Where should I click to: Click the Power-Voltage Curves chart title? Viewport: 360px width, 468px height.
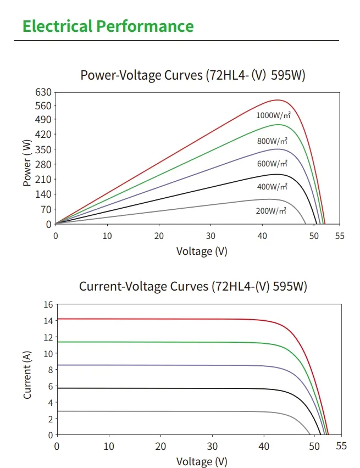pyautogui.click(x=192, y=75)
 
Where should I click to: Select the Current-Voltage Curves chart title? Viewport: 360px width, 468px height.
pyautogui.click(x=193, y=286)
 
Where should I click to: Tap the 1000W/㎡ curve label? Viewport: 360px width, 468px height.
pyautogui.click(x=273, y=115)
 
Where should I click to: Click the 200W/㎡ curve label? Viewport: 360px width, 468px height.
pyautogui.click(x=272, y=210)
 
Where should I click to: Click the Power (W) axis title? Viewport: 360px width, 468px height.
pyautogui.click(x=27, y=163)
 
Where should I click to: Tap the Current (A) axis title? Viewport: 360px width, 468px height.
pyautogui.click(x=27, y=375)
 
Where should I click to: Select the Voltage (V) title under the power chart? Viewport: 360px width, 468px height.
pyautogui.click(x=201, y=252)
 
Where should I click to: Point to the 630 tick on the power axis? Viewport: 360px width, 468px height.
pyautogui.click(x=44, y=92)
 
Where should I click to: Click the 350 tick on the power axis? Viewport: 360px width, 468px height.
pyautogui.click(x=44, y=149)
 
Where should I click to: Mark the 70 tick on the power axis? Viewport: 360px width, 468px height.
pyautogui.click(x=46, y=209)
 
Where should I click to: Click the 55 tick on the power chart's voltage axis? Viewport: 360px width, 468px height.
pyautogui.click(x=339, y=236)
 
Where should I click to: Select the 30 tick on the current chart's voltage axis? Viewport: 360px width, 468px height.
pyautogui.click(x=212, y=446)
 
